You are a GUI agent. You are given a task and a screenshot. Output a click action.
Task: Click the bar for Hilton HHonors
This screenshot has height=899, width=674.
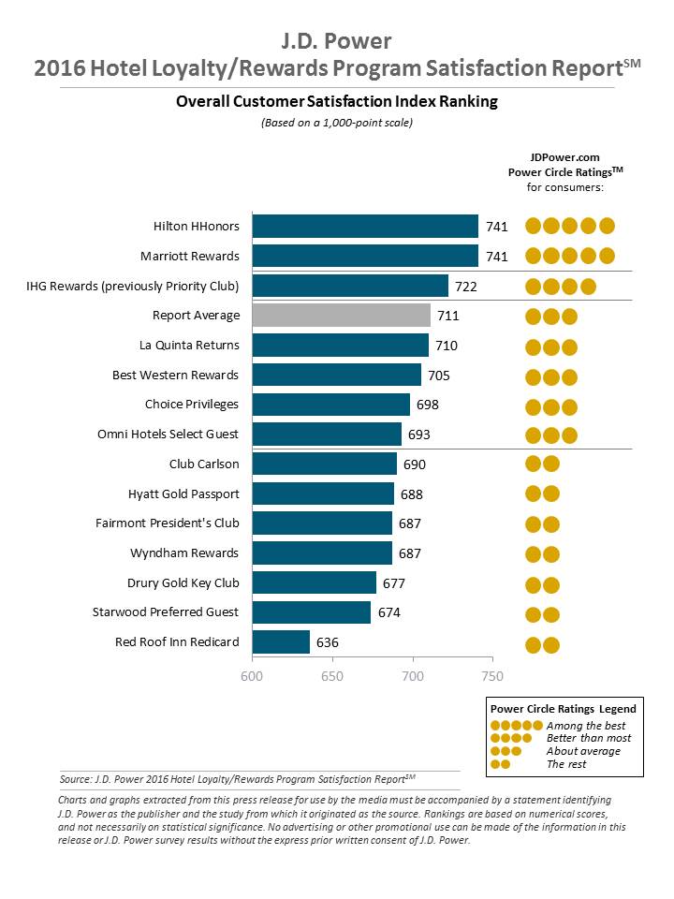(x=365, y=227)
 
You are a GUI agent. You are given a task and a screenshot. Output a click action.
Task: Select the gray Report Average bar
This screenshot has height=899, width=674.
(x=342, y=316)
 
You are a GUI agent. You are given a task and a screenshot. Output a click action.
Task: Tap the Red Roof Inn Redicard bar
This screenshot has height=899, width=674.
(x=282, y=642)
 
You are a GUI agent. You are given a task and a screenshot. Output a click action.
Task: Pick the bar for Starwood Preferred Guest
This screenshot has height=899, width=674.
(x=312, y=612)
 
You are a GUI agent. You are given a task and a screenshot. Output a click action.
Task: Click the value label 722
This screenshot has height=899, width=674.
(x=466, y=287)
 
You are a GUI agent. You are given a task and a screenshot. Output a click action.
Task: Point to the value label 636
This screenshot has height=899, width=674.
(x=327, y=642)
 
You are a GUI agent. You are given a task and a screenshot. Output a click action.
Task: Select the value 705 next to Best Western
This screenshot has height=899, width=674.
(x=439, y=376)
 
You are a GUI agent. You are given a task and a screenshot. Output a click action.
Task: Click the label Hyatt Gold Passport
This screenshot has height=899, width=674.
(x=183, y=494)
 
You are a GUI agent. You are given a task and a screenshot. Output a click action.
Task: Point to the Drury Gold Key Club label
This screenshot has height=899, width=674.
(x=183, y=582)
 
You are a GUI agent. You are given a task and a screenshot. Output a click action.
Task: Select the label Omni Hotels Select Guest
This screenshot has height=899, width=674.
(x=168, y=435)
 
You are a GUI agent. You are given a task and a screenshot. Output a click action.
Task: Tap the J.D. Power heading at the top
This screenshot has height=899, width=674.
(x=336, y=40)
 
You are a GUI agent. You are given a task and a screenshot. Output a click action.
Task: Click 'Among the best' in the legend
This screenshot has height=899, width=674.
(x=586, y=726)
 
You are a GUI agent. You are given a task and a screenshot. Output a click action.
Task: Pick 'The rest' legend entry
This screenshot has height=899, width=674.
(x=567, y=764)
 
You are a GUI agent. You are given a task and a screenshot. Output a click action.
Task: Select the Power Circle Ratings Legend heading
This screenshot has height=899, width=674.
(x=564, y=709)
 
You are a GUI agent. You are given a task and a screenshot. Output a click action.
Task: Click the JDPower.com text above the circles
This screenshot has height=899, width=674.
(x=564, y=158)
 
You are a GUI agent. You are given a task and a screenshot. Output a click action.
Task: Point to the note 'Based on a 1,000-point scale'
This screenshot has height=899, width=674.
(x=336, y=123)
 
